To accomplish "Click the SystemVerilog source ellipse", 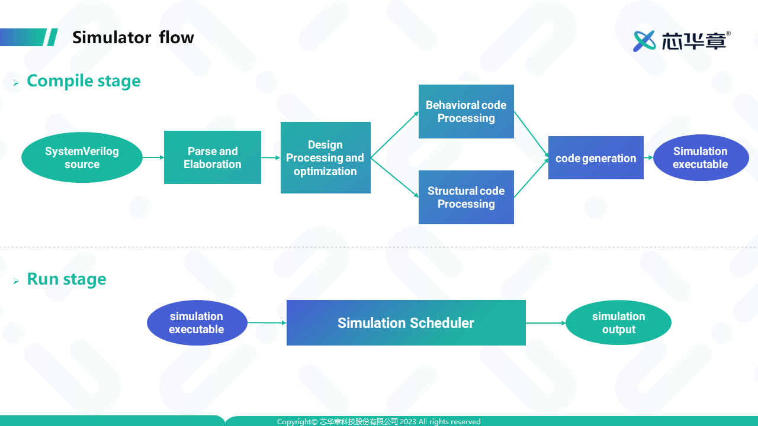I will point(82,157).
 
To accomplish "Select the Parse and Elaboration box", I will point(212,157).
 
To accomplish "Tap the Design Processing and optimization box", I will point(325,157).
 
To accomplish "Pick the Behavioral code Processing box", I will point(466,111).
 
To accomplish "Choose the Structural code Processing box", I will point(466,197).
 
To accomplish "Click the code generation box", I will point(596,157).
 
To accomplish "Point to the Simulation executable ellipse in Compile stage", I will point(700,157).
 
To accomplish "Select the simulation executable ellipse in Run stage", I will point(197,322).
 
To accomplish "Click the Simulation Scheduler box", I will point(406,322).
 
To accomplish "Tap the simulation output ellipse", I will point(618,322).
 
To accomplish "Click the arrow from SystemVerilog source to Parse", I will point(153,157).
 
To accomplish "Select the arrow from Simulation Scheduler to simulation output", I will point(545,323).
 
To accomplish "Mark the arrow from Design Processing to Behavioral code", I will point(394,135).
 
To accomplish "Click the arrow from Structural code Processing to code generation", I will point(531,178).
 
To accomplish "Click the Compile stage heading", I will point(83,81).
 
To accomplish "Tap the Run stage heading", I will point(66,279).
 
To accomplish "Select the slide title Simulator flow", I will point(133,38).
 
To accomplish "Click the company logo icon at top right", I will point(644,41).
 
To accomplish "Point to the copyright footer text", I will point(378,422).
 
